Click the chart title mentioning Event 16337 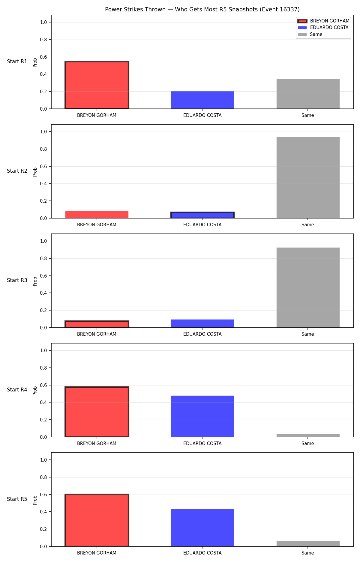(x=202, y=10)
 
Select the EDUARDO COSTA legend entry (x=323, y=28)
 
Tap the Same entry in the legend (x=310, y=34)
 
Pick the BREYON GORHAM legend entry (x=323, y=21)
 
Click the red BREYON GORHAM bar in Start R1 (x=97, y=85)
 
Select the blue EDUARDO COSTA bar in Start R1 (x=202, y=100)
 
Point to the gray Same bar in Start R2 (x=308, y=177)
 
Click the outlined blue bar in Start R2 (x=202, y=215)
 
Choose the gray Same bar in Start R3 (x=308, y=287)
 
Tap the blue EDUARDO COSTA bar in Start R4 (x=202, y=416)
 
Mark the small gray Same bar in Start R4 (x=308, y=436)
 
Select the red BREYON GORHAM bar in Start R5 (x=97, y=520)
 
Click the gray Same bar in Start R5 (x=308, y=544)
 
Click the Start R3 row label (x=17, y=280)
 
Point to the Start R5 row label (x=17, y=499)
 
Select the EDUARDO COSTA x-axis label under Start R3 (x=202, y=334)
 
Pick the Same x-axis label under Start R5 (x=308, y=553)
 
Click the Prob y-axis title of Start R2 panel (x=35, y=172)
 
